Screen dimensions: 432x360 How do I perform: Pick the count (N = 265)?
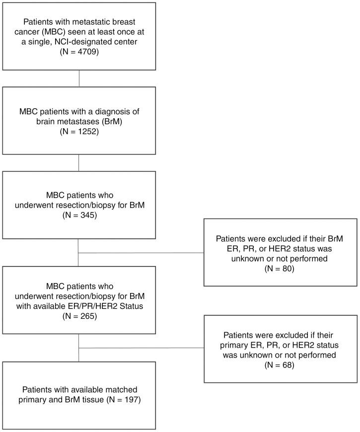coord(79,315)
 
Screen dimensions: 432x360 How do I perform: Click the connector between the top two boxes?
coord(79,78)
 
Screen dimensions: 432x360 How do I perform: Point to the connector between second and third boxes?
coord(79,163)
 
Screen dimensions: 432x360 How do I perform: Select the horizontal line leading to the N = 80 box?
coord(142,253)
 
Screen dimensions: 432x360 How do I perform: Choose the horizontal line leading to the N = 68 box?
coord(142,348)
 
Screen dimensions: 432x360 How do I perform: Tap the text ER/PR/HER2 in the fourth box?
coord(97,306)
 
